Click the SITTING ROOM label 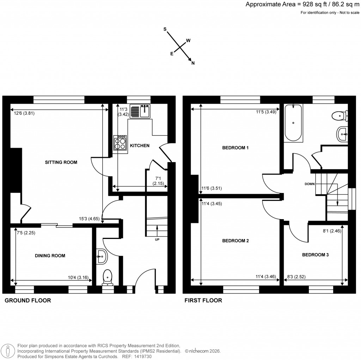point(61,162)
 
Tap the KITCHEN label point(140,145)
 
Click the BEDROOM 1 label point(235,148)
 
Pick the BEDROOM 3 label point(315,254)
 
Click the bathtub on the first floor point(293,122)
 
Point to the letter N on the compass point(193,63)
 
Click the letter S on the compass point(165,30)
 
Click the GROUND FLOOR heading point(27,300)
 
